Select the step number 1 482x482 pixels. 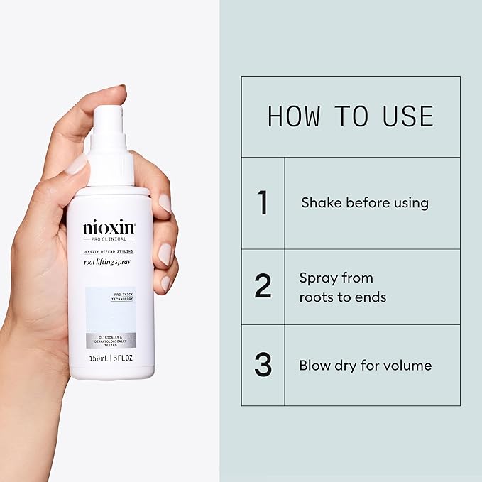263,203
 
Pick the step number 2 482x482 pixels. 263,285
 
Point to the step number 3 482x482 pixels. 263,366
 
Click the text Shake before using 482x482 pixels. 365,203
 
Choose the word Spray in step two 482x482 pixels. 317,278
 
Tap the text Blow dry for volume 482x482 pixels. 365,366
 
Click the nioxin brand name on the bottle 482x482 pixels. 109,229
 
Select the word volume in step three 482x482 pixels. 408,366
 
